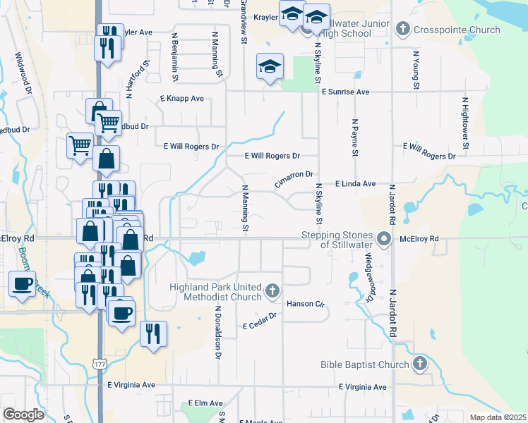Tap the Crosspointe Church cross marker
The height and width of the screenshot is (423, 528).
point(403,29)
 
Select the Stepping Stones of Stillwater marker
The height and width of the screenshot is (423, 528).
point(384,239)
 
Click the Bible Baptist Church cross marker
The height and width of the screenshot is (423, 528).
point(419,364)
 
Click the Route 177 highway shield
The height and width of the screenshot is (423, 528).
point(99,362)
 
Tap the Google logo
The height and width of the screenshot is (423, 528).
point(24,415)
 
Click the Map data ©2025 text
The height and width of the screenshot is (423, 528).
point(498,417)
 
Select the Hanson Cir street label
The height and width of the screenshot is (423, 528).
point(305,304)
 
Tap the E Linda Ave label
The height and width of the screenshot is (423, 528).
point(355,183)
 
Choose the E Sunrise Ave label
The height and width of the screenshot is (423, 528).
point(345,92)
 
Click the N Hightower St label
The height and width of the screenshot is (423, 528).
point(465,123)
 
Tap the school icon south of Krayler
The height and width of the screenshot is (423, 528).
point(270,67)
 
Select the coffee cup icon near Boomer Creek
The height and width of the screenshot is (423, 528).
point(22,283)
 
